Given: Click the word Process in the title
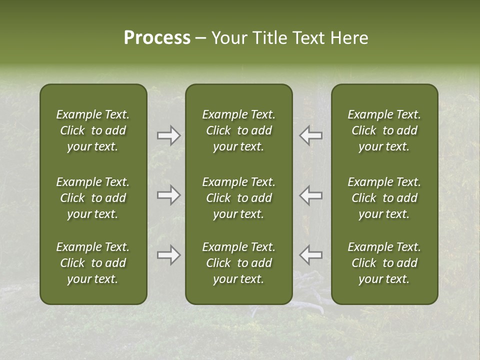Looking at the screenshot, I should tap(157, 38).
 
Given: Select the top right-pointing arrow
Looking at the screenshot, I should tap(168, 135).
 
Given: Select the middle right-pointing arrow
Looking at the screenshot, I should tap(168, 195).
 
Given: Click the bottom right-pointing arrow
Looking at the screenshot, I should tap(168, 255).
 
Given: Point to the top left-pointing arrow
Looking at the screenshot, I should tap(311, 135).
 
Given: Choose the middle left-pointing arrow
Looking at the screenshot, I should tap(311, 195).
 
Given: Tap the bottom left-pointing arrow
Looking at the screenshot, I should tap(311, 255).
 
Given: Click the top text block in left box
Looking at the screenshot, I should tap(93, 130).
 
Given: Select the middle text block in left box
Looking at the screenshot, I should tap(93, 198).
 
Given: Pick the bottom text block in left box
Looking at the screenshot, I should tap(93, 263).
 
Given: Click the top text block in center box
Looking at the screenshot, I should tap(239, 130).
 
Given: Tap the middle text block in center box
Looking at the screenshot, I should tap(239, 198).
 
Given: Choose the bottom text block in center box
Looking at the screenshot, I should tap(239, 263).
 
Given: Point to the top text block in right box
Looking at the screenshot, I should tap(384, 130).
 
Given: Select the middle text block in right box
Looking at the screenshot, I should tap(384, 198).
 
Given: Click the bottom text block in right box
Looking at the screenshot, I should tap(384, 263).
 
